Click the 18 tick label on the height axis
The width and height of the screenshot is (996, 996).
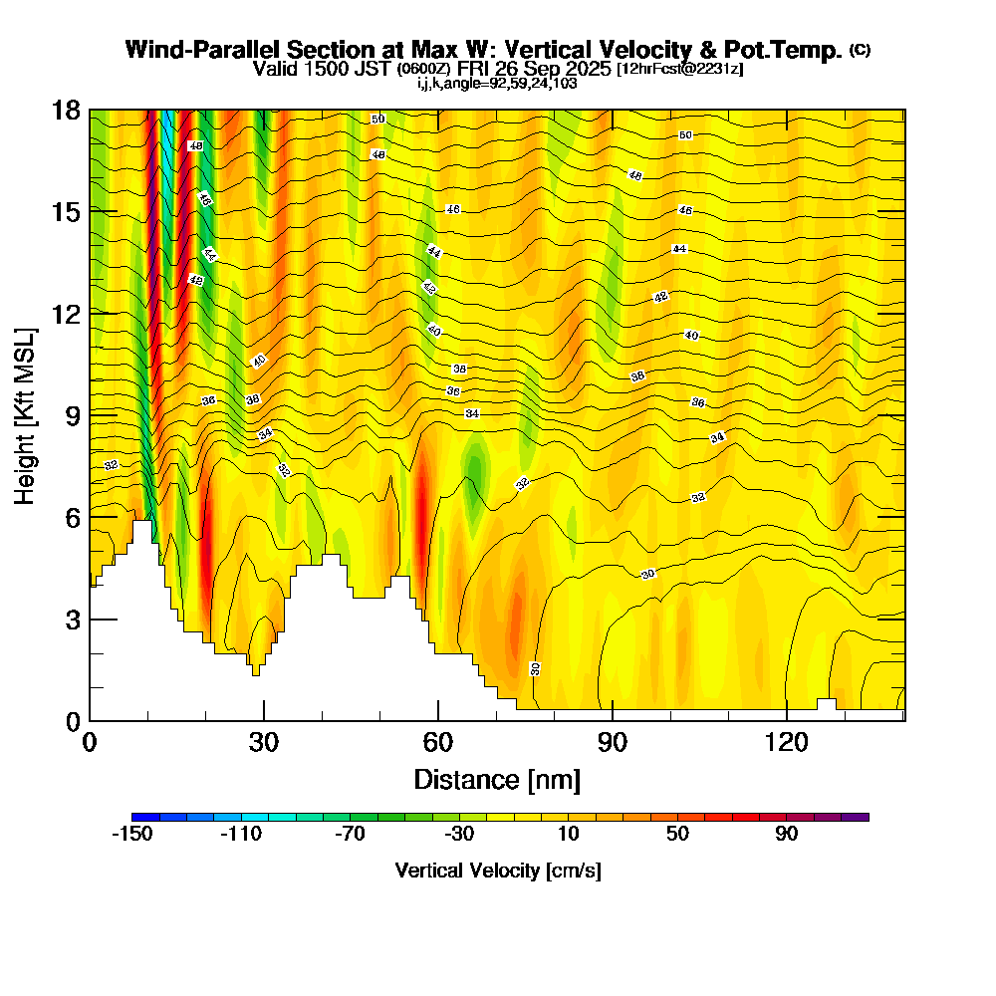pos(65,111)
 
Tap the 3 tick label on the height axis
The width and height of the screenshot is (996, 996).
pos(72,619)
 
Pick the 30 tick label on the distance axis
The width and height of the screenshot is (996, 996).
pos(264,743)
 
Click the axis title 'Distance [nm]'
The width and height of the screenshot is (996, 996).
pos(497,778)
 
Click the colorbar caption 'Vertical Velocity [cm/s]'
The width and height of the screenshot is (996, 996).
pos(498,871)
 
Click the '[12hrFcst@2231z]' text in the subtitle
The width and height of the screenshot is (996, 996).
pos(679,69)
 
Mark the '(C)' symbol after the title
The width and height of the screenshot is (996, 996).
pos(860,50)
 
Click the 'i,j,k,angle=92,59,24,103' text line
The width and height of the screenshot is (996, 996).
pos(497,84)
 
